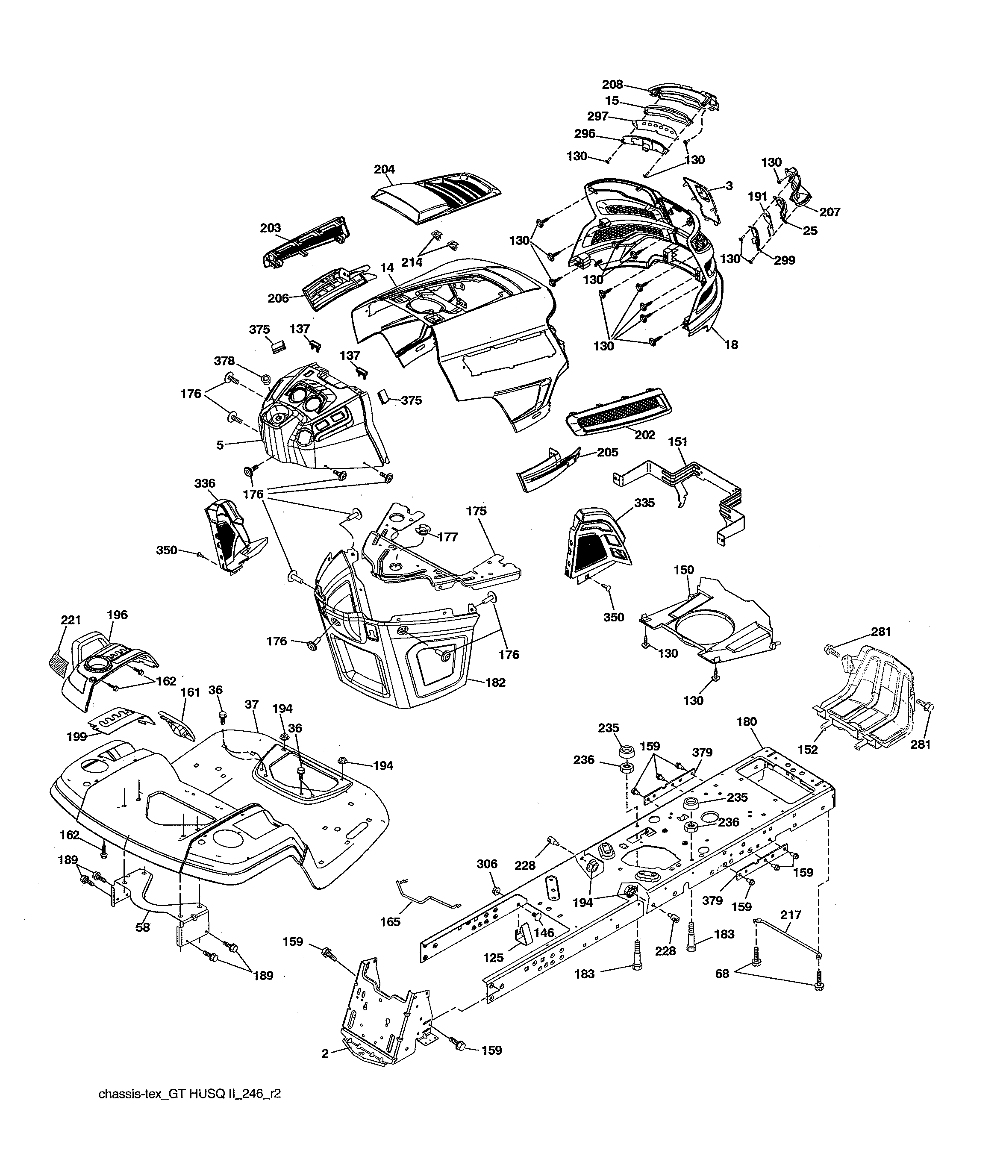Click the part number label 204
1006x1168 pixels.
(x=384, y=169)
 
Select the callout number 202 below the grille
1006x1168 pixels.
(x=645, y=435)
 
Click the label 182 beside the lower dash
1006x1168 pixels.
(x=495, y=682)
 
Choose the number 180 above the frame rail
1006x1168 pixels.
(x=747, y=721)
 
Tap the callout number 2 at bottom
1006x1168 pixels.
(x=325, y=1053)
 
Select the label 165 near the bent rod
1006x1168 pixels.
(x=390, y=922)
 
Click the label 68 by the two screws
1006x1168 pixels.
(x=722, y=974)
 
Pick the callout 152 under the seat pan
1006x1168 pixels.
(x=808, y=749)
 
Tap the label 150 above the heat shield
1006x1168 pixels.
(x=684, y=570)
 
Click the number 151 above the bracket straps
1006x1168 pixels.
(x=678, y=442)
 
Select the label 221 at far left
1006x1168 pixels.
(x=71, y=620)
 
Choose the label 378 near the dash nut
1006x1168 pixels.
(x=224, y=361)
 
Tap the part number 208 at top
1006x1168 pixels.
(x=613, y=85)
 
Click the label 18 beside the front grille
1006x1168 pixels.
(x=731, y=344)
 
